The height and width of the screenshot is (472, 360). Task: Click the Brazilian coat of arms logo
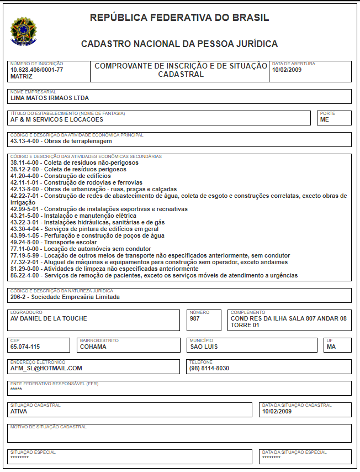pyautogui.click(x=23, y=31)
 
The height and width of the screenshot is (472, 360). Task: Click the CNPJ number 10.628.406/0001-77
pyautogui.click(x=36, y=70)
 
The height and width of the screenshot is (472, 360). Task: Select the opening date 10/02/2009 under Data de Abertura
pyautogui.click(x=287, y=70)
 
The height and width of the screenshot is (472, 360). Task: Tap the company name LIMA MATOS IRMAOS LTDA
pyautogui.click(x=50, y=98)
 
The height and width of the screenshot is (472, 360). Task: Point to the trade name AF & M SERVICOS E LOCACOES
pyautogui.click(x=57, y=119)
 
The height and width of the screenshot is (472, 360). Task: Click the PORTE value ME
pyautogui.click(x=324, y=119)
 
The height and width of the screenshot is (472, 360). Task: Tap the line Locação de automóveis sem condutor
pyautogui.click(x=81, y=249)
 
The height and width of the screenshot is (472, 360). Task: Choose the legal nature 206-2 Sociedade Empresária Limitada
pyautogui.click(x=65, y=297)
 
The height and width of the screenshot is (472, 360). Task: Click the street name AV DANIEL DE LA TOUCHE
pyautogui.click(x=49, y=318)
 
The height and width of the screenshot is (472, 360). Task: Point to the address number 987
pyautogui.click(x=194, y=318)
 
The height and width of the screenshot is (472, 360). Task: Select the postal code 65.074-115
pyautogui.click(x=25, y=347)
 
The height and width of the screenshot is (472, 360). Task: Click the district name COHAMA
pyautogui.click(x=93, y=347)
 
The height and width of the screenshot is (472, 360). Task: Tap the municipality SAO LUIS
pyautogui.click(x=204, y=347)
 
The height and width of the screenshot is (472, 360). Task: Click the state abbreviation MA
pyautogui.click(x=331, y=347)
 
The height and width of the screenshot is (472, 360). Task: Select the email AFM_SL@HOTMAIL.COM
pyautogui.click(x=46, y=368)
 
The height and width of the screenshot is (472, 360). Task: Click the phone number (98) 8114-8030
pyautogui.click(x=209, y=368)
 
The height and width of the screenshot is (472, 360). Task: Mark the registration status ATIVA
pyautogui.click(x=19, y=411)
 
